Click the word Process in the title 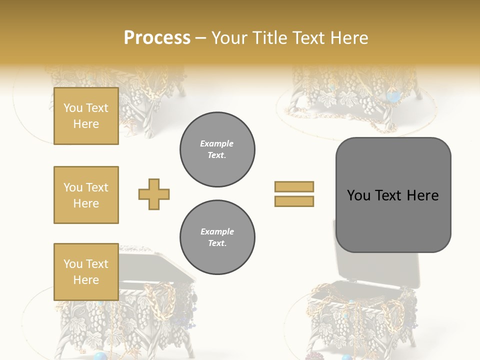coord(157,37)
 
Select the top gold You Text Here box coord(86,116)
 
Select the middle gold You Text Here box coord(86,195)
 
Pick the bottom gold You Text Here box coord(86,272)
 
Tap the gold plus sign coord(154,194)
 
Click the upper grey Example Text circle coord(217,149)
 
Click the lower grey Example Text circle coord(217,237)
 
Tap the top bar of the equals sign coord(294,187)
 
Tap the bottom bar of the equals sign coord(294,201)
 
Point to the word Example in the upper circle coord(217,143)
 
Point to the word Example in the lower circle coord(217,231)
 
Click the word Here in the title coord(348,37)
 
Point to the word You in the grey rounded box coord(358,195)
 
